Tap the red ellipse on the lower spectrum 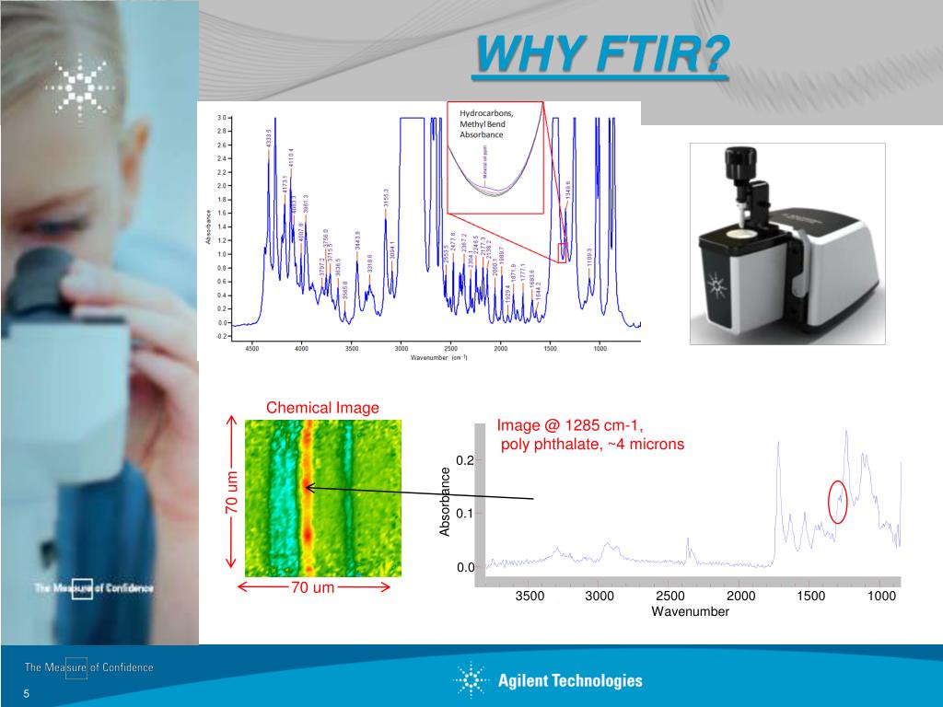(837, 502)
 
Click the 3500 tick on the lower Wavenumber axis (530, 597)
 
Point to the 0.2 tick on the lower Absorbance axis (464, 460)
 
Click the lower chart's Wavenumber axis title (690, 611)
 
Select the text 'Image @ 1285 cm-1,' (569, 425)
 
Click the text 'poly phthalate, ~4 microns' (592, 445)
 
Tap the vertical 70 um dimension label (231, 493)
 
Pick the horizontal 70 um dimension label (313, 587)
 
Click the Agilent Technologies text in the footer (570, 681)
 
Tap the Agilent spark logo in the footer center (471, 680)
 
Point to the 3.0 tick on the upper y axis (222, 119)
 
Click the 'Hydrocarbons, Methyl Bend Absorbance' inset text (486, 123)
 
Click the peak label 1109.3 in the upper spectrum (589, 258)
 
